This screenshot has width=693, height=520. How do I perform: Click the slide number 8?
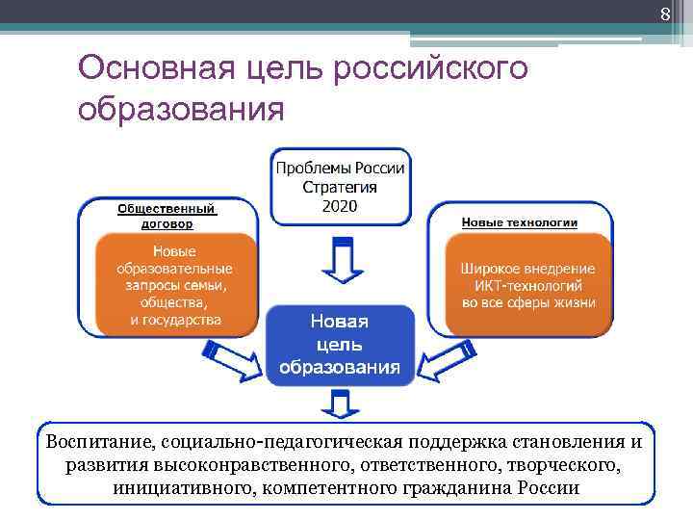(664, 13)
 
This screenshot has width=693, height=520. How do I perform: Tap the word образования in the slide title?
(182, 108)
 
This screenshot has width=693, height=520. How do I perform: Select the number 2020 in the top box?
(341, 205)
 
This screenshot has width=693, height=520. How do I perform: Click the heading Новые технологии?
(520, 222)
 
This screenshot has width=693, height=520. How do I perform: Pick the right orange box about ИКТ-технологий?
(528, 284)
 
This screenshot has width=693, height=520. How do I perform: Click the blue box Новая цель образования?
(340, 343)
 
